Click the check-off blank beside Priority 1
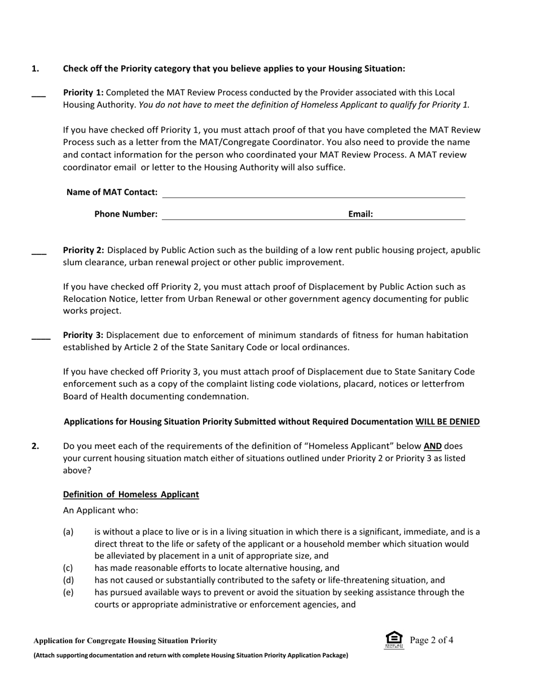pos(38,96)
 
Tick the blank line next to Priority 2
pos(38,253)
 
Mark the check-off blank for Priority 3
pos(41,338)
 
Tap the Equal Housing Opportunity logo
pos(394,640)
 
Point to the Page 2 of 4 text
pos(432,640)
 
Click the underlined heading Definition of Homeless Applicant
pos(131,494)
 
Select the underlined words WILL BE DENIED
pos(447,421)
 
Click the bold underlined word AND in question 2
pos(433,446)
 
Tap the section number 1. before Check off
pos(36,68)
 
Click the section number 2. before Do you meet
pos(36,446)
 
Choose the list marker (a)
pos(68,532)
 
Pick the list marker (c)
pos(68,568)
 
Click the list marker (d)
pos(68,580)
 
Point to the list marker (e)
pos(68,592)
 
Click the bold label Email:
pos(361,214)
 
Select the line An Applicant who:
pos(100,511)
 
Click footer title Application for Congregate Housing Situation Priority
pos(125,640)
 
